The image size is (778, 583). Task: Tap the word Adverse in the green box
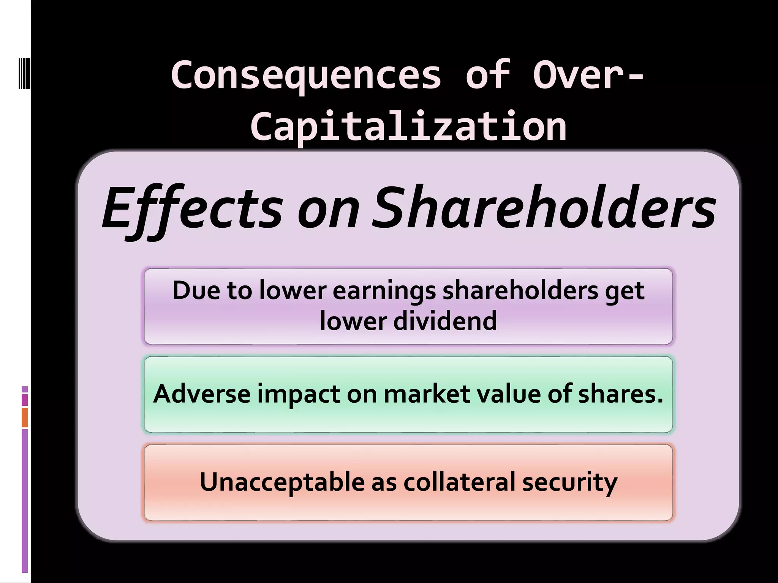tap(202, 394)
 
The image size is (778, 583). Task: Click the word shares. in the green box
tap(620, 394)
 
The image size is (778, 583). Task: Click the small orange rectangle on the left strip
tap(25, 418)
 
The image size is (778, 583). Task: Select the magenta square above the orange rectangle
tap(25, 400)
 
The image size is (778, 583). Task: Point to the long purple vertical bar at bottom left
tap(25, 501)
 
